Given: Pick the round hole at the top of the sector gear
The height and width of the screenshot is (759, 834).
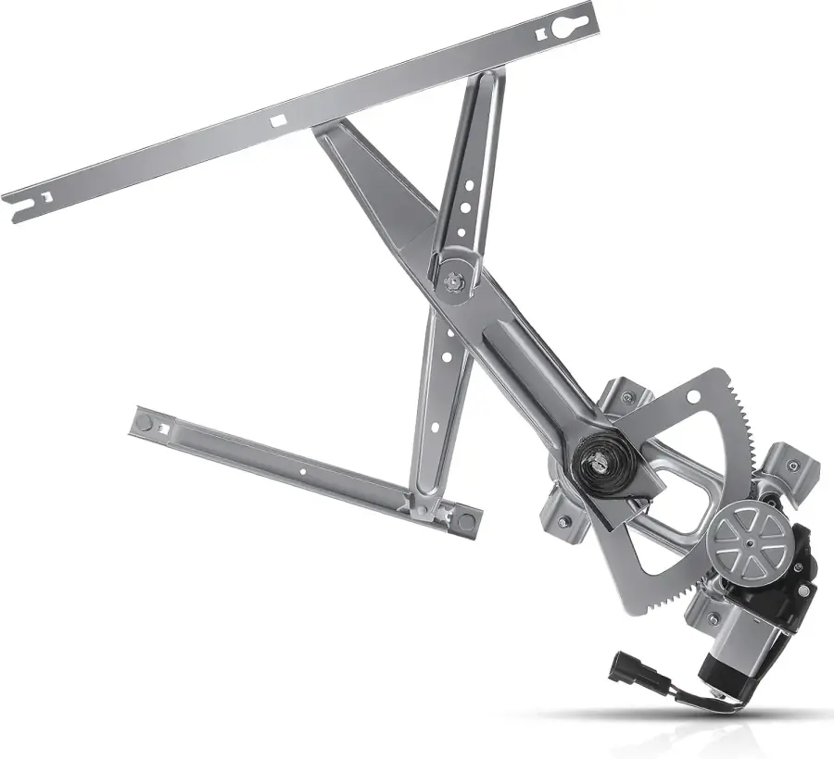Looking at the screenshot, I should [692, 396].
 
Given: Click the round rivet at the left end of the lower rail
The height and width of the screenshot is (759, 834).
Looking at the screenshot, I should [144, 422].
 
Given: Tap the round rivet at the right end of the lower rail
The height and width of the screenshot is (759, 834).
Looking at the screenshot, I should [465, 521].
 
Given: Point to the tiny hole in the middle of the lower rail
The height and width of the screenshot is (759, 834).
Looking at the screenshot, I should [302, 471].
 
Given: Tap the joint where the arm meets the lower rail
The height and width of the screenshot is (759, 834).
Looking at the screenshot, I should [422, 504].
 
